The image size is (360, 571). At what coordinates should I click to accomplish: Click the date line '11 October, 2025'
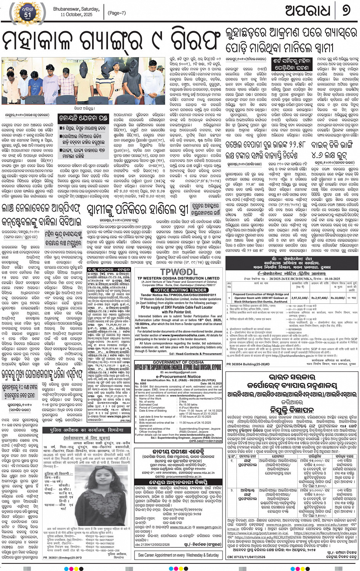pos(76,15)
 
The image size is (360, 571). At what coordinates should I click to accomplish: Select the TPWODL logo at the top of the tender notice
pos(178,272)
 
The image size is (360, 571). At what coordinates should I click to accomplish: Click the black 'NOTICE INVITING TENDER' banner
pos(178,290)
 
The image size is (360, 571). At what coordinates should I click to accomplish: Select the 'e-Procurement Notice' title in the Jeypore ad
pos(178,376)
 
